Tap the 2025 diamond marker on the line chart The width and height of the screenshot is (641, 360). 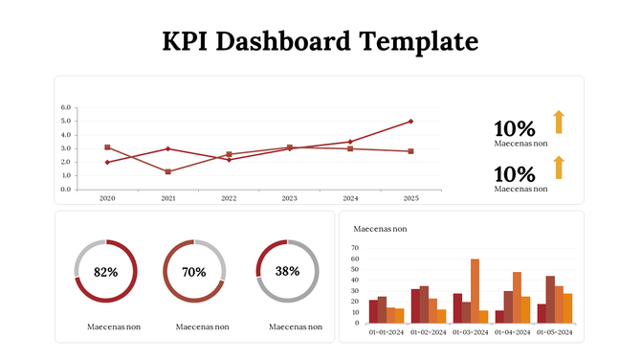[410, 122]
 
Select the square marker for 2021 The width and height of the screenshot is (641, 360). [168, 171]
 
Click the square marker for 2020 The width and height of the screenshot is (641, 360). [107, 147]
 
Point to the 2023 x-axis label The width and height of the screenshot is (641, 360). [289, 198]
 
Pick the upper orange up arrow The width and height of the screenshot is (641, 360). [559, 122]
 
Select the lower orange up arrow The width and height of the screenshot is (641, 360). [559, 168]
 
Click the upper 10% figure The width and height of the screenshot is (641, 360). [514, 129]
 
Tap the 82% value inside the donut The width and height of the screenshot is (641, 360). [105, 272]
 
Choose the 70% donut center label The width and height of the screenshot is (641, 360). [194, 272]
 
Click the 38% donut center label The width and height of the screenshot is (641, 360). [287, 271]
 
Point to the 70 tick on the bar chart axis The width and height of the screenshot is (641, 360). [355, 248]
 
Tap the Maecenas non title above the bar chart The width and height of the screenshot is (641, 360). [380, 229]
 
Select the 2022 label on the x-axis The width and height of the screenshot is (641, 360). [229, 198]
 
